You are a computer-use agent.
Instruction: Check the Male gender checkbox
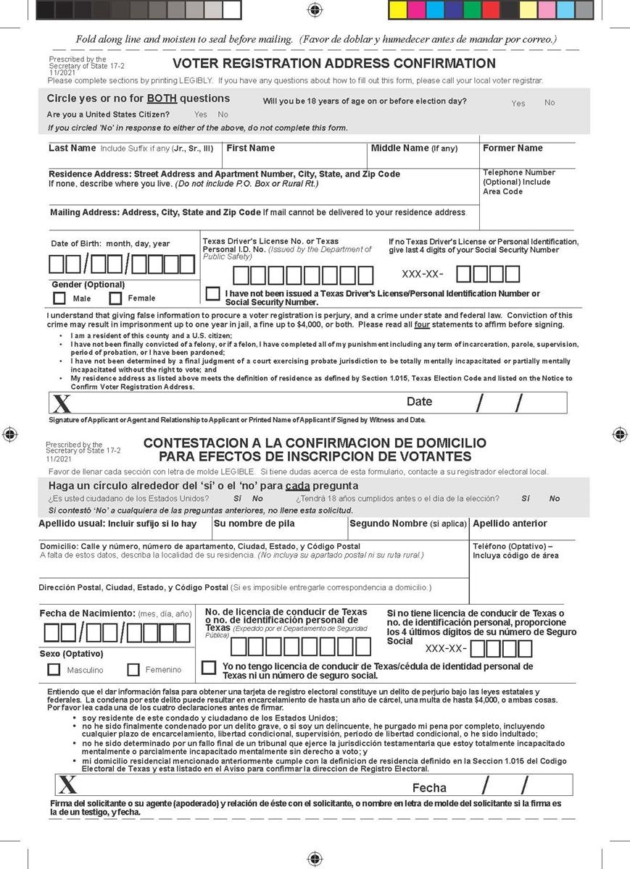[59, 298]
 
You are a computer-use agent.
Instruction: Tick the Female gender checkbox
[115, 298]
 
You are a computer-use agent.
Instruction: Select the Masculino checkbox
[54, 670]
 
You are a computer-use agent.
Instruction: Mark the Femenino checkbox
[133, 670]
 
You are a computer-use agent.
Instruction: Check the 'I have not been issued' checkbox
[212, 294]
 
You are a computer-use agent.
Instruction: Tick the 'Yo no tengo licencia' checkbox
[209, 667]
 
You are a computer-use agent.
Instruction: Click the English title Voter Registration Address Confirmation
[334, 64]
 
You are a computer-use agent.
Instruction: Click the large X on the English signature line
[62, 404]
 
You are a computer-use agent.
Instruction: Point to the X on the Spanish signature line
[68, 786]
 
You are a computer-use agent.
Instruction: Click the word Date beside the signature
[419, 402]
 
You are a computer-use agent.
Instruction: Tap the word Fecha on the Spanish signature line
[429, 788]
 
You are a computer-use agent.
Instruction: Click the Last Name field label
[72, 148]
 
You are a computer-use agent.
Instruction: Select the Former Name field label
[513, 148]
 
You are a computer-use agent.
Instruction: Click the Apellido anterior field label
[510, 524]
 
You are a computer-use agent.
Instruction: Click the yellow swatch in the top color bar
[398, 10]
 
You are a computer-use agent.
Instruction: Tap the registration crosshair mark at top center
[315, 9]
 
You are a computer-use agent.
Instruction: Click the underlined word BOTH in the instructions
[162, 98]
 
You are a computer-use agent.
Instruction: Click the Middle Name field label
[414, 148]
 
